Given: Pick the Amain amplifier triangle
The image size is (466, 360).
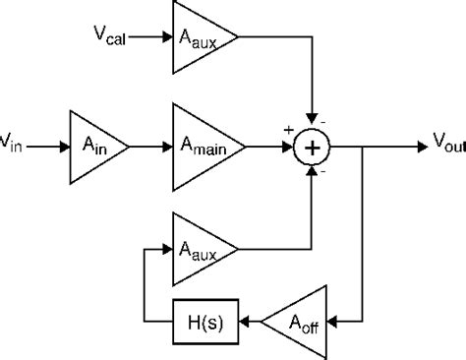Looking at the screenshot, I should pyautogui.click(x=201, y=147).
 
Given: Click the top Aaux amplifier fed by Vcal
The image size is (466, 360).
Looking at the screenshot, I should pyautogui.click(x=201, y=38).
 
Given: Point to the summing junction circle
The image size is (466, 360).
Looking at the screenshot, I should pyautogui.click(x=312, y=147).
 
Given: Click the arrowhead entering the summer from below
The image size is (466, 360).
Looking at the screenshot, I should pyautogui.click(x=312, y=172).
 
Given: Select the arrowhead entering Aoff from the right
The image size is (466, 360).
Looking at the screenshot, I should pyautogui.click(x=332, y=320).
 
